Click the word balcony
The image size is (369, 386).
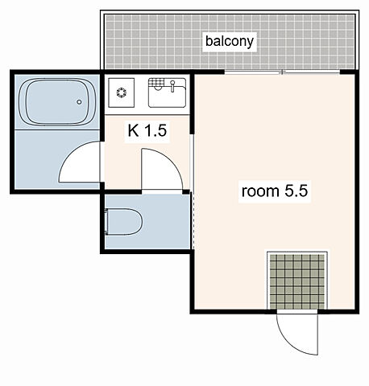[x=230, y=41]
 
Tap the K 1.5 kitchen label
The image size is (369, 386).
[x=147, y=130]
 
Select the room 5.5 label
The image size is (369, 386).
[x=275, y=191]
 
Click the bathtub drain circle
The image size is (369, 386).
[x=79, y=102]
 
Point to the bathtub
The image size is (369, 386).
[x=57, y=101]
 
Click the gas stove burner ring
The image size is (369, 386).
[x=122, y=92]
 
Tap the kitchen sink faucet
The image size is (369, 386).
[x=172, y=86]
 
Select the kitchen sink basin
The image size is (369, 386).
[x=167, y=92]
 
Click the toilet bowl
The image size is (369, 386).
[x=124, y=221]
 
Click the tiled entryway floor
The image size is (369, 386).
[x=297, y=281]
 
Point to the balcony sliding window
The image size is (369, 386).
[x=282, y=72]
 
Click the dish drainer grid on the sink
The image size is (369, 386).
[x=155, y=83]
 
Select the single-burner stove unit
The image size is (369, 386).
[x=122, y=92]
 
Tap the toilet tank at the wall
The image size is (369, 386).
[x=106, y=222]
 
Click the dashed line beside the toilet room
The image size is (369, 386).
[x=193, y=220]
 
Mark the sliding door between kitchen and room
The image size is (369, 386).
[x=192, y=162]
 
